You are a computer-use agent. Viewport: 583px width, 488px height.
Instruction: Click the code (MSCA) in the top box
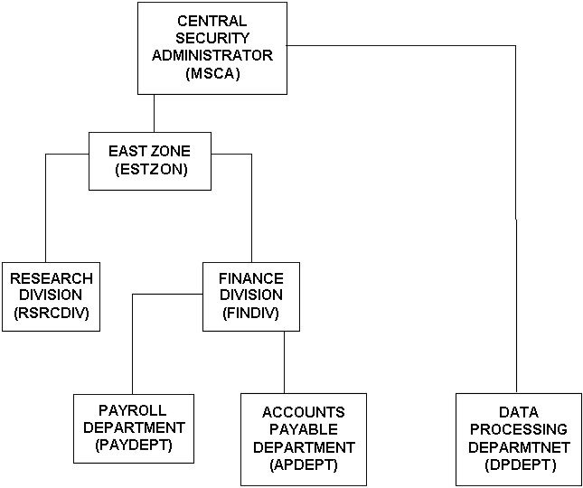pos(212,74)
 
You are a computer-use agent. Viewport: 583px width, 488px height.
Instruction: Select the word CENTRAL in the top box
pos(212,20)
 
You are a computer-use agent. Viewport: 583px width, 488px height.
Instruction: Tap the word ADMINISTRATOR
pos(212,56)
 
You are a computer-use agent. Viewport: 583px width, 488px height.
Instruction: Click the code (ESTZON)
pos(151,168)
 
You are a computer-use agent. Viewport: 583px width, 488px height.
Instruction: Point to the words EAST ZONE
pos(150,151)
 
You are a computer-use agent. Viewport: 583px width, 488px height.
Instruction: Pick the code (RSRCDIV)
pos(52,312)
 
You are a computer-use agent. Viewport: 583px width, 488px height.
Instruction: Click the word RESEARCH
pos(52,277)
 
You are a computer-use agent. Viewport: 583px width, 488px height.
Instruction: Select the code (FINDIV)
pos(250,312)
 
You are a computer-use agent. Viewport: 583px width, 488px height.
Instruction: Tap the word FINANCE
pos(251,277)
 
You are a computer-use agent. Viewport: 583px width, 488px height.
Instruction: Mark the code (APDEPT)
pos(304,465)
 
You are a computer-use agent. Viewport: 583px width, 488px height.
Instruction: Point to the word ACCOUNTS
pos(304,413)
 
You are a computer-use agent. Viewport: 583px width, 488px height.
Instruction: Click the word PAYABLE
pos(304,430)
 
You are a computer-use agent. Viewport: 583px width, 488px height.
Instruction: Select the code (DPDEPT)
pos(519,465)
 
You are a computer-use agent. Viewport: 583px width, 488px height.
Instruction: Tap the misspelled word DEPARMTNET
pos(519,447)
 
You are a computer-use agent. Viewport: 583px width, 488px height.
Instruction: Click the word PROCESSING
pos(519,430)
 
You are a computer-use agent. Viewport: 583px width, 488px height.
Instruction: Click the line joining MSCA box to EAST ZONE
pos(155,113)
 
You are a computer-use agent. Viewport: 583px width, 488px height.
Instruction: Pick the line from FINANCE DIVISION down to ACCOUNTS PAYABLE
pos(285,361)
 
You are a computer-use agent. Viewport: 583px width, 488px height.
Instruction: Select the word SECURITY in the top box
pos(212,38)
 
